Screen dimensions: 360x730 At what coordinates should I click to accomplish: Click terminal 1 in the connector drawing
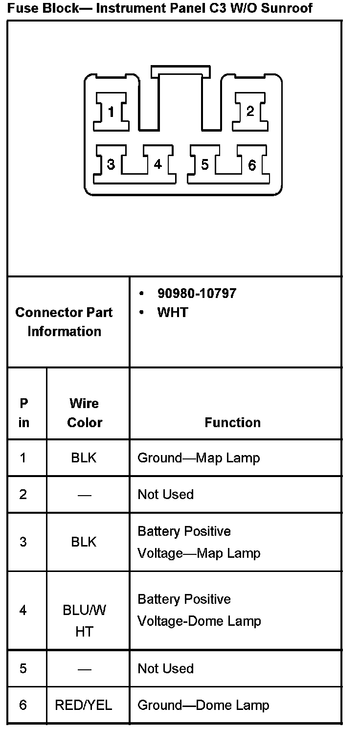[x=111, y=112]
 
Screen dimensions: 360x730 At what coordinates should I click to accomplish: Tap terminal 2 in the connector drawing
[x=250, y=112]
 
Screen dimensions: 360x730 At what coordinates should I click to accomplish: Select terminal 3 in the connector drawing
[x=111, y=164]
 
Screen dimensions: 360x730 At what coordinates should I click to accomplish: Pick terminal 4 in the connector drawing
[x=157, y=164]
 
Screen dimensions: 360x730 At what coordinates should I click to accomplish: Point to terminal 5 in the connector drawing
[x=204, y=164]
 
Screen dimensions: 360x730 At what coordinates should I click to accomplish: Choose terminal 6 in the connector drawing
[x=251, y=165]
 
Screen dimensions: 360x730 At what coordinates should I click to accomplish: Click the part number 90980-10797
[x=197, y=293]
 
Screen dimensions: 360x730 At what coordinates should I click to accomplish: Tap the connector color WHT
[x=172, y=313]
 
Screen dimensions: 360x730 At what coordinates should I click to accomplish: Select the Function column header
[x=232, y=422]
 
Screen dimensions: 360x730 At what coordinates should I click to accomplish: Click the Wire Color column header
[x=84, y=413]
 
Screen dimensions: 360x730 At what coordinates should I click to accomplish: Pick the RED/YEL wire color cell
[x=84, y=705]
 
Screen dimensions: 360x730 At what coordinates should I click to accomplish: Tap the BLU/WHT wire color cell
[x=84, y=621]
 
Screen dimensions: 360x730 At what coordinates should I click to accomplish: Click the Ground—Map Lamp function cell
[x=199, y=458]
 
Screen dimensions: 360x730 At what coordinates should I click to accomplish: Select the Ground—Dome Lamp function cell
[x=203, y=705]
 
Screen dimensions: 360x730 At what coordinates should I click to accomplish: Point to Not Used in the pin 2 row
[x=165, y=494]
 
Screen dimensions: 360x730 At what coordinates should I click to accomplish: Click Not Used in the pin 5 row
[x=165, y=668]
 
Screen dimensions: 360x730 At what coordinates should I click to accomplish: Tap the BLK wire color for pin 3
[x=84, y=542]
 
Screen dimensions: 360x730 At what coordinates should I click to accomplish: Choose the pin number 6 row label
[x=23, y=705]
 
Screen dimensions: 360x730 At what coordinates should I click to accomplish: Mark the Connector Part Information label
[x=64, y=322]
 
